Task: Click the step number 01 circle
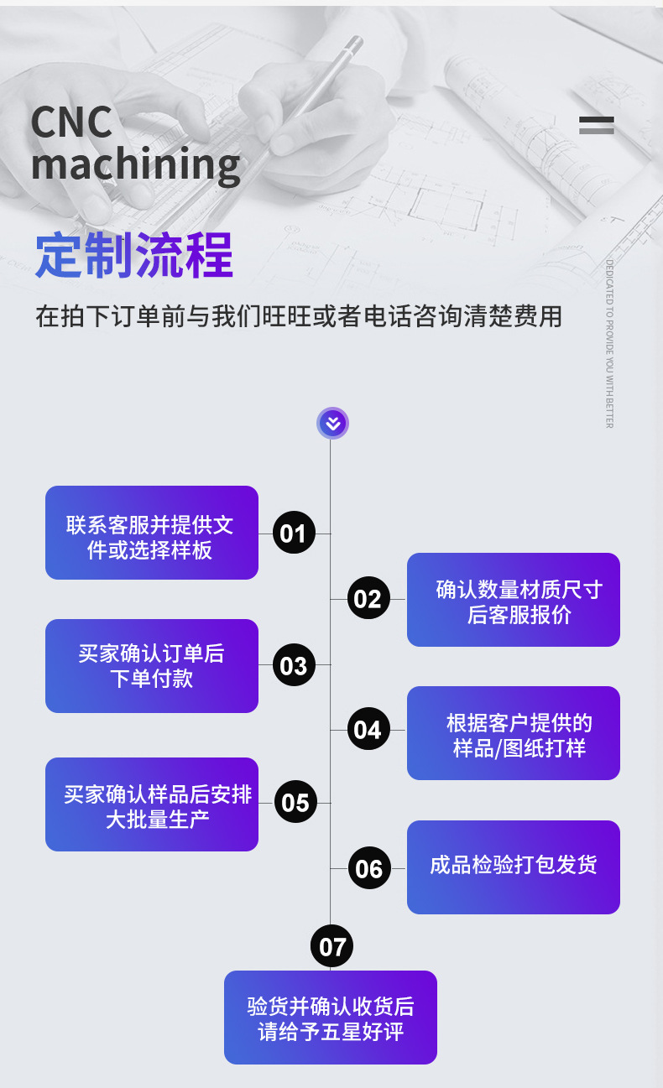(x=294, y=533)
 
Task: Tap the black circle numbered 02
(x=368, y=599)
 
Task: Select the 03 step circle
(x=294, y=665)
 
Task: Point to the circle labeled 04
(x=368, y=730)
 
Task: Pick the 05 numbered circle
(x=295, y=803)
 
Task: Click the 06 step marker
(x=368, y=868)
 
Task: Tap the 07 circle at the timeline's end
(x=332, y=947)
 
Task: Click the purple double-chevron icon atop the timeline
(x=332, y=424)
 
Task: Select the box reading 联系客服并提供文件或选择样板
(x=152, y=533)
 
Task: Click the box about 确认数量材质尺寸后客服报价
(x=514, y=600)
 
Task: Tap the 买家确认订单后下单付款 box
(x=152, y=666)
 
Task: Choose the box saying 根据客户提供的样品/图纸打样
(x=514, y=733)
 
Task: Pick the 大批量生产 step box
(x=152, y=804)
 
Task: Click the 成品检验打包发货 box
(x=514, y=867)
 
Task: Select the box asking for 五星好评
(x=331, y=1018)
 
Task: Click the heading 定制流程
(x=134, y=255)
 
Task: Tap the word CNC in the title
(x=71, y=122)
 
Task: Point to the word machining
(x=136, y=164)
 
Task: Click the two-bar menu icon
(x=597, y=126)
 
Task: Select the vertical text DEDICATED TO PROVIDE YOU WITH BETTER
(x=609, y=344)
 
